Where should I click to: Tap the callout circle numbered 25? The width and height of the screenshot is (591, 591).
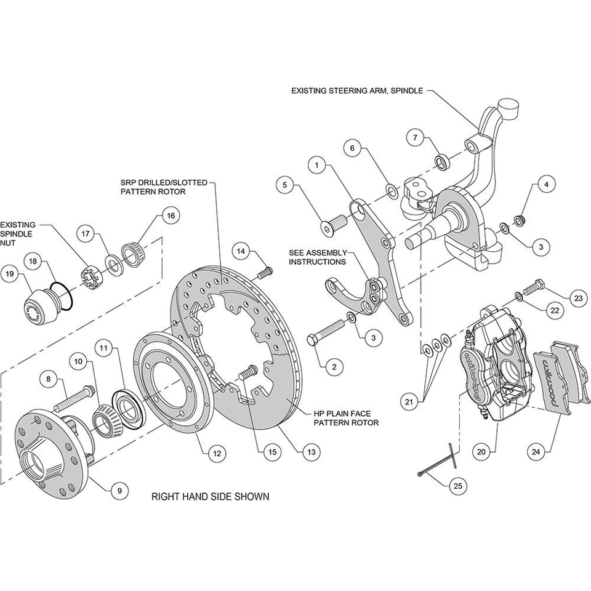click(x=457, y=486)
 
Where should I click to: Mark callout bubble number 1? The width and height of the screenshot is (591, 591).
click(x=316, y=165)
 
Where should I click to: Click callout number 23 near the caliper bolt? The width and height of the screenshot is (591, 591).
click(x=577, y=298)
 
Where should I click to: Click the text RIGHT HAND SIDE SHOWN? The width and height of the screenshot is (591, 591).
click(x=210, y=496)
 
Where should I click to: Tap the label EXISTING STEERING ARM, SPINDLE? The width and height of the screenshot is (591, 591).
click(x=357, y=90)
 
